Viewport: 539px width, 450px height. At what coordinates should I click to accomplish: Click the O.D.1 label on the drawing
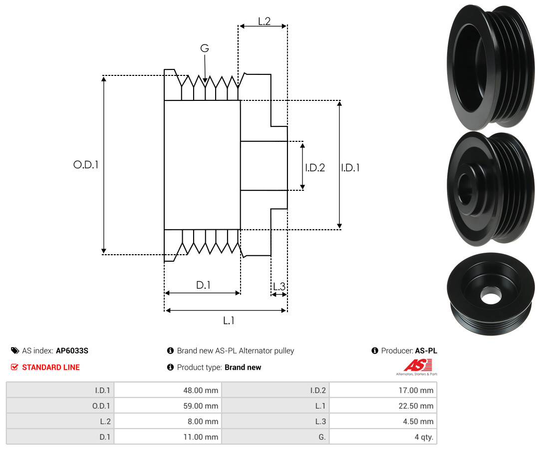click(x=86, y=165)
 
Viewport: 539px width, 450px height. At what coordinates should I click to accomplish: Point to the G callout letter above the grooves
click(x=205, y=48)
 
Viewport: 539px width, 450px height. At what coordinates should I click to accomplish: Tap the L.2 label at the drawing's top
click(x=265, y=21)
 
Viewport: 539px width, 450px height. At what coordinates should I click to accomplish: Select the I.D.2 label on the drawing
click(x=315, y=167)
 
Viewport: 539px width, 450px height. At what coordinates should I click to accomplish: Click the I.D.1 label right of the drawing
click(x=350, y=167)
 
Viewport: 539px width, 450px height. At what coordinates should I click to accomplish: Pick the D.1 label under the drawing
click(x=203, y=285)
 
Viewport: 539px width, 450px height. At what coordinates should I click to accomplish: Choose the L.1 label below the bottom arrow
click(x=229, y=321)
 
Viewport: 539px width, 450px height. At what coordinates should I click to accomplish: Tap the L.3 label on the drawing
click(x=279, y=286)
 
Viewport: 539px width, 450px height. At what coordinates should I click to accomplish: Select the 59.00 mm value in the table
click(x=201, y=406)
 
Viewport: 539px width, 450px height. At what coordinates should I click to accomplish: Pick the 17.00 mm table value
click(x=416, y=391)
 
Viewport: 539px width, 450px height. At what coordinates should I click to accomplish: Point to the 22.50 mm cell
click(x=416, y=406)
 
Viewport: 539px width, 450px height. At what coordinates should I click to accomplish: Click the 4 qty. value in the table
click(x=424, y=437)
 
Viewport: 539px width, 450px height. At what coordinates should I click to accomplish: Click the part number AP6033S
click(x=72, y=351)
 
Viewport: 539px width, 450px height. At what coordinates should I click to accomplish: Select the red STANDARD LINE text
click(x=51, y=367)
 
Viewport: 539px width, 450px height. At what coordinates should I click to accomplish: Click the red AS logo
click(x=418, y=365)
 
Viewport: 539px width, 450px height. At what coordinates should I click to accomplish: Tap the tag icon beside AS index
click(x=15, y=351)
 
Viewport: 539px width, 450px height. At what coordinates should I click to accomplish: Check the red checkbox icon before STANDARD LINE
click(x=14, y=367)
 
